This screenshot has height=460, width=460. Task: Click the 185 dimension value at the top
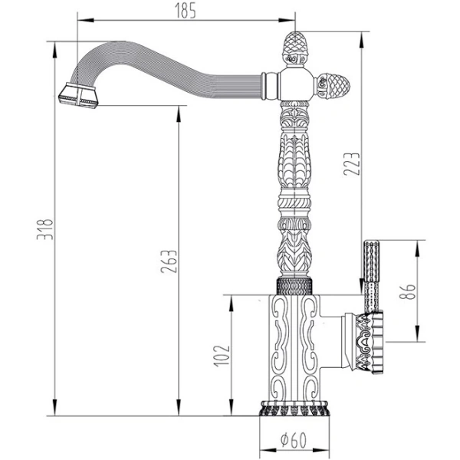[186, 10]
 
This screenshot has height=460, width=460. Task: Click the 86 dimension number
[409, 291]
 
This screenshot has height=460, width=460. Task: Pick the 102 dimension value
[222, 356]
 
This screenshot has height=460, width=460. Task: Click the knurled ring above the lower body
[295, 285]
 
